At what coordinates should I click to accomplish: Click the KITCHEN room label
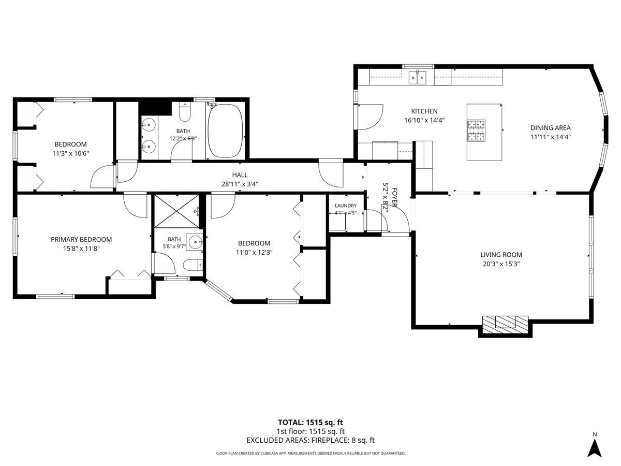424,111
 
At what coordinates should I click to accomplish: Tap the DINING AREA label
550,128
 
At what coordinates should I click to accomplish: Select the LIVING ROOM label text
501,255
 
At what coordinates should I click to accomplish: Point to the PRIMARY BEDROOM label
81,239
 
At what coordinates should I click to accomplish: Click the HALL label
240,175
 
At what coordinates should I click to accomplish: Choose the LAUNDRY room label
346,206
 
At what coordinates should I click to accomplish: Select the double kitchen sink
417,78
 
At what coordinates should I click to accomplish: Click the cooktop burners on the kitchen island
476,130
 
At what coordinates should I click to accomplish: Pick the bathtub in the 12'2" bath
226,131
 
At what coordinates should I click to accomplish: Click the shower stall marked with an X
177,211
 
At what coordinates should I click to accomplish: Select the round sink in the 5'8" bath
196,242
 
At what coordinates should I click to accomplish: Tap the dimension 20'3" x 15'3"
501,264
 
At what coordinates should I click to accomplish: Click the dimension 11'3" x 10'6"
70,153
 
